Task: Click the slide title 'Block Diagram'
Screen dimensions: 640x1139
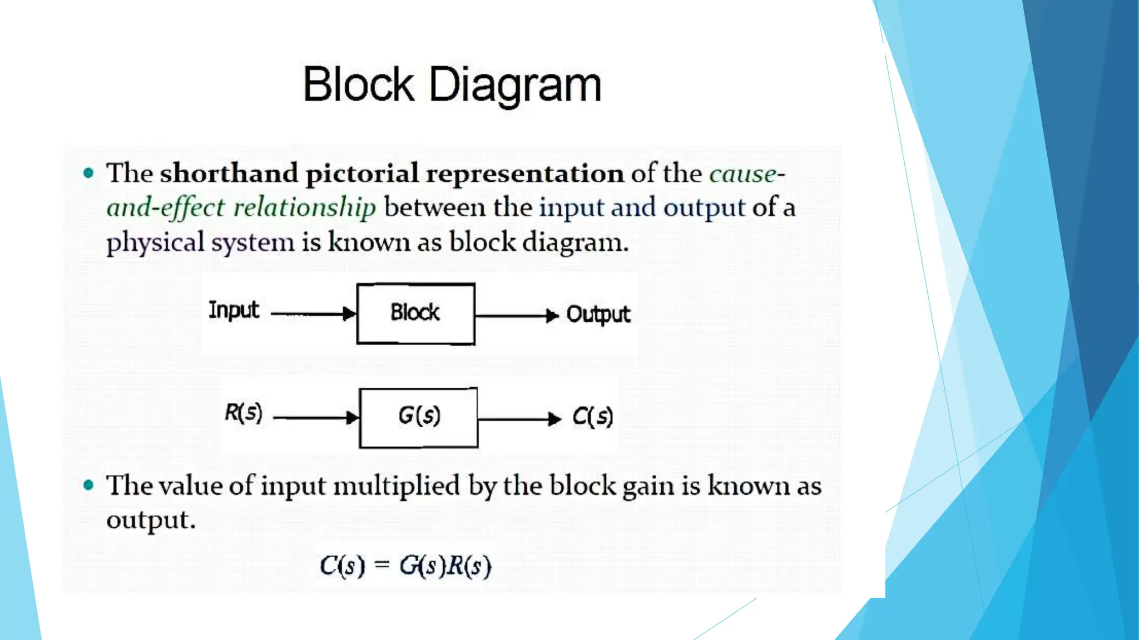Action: tap(452, 85)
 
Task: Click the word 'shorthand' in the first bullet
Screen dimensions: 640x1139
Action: tap(229, 173)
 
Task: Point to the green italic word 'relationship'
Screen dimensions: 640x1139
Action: tap(304, 208)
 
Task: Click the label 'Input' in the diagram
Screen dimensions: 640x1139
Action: tap(234, 310)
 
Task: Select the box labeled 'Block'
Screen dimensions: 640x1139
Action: tap(415, 314)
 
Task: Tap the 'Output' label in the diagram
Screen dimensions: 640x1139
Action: tap(598, 314)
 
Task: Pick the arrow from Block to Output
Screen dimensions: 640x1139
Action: tap(517, 316)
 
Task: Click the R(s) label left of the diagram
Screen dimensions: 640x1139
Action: tap(243, 413)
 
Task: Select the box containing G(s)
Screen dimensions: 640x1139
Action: tap(418, 418)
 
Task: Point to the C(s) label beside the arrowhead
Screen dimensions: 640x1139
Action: tap(592, 417)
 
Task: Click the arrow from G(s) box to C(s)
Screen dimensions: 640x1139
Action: tap(519, 418)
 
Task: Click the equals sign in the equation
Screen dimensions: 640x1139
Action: tap(382, 566)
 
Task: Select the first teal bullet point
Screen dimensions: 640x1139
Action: tap(88, 173)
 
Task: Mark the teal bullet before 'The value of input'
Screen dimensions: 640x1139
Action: tap(88, 486)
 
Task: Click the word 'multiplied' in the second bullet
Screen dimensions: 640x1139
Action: tap(397, 486)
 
